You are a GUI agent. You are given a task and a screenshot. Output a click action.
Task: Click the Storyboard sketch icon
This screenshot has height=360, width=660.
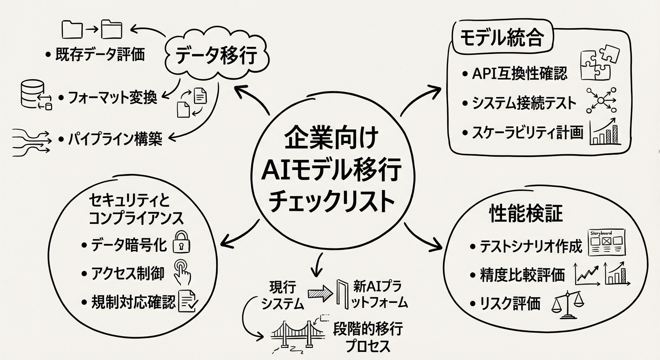[x=606, y=242]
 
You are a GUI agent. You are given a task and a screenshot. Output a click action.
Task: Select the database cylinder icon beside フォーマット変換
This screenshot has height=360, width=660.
[x=34, y=94]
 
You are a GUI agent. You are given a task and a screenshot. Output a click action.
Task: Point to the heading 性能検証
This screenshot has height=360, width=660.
[x=525, y=214]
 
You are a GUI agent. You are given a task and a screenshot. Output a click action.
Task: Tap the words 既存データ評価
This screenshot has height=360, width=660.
[x=100, y=54]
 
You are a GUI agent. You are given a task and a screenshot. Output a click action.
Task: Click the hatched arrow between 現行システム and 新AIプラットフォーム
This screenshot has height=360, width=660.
[x=320, y=293]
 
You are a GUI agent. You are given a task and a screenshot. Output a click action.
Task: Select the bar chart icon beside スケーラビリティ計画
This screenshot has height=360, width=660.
[x=606, y=133]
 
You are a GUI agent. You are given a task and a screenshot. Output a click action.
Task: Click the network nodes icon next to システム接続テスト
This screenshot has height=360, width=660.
[x=601, y=100]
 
